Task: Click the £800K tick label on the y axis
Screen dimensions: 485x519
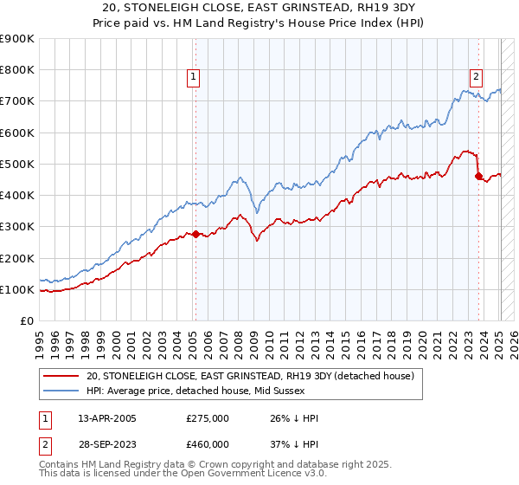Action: click(x=17, y=70)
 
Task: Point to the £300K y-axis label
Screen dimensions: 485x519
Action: click(x=17, y=227)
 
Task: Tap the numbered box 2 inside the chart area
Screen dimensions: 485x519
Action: click(x=476, y=76)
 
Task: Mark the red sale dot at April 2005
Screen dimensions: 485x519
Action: click(x=195, y=234)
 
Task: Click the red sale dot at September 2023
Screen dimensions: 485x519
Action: click(x=478, y=176)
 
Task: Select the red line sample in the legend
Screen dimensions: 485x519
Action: click(x=61, y=377)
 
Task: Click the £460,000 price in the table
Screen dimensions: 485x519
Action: click(x=208, y=443)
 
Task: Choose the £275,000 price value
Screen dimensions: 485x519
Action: click(x=208, y=419)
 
